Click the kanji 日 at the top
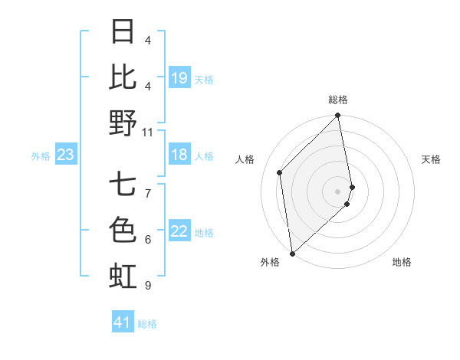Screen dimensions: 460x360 point(123,32)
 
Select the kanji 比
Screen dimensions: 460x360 point(123,77)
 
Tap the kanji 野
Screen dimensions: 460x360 point(123,123)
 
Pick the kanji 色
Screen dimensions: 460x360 point(123,230)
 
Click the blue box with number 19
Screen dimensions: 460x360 point(179,78)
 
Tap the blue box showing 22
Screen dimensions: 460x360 point(179,232)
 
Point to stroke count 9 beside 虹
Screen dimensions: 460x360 point(147,286)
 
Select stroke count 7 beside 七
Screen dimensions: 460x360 point(147,185)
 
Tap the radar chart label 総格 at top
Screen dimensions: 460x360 point(338,100)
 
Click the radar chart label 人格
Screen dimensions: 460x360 point(245,159)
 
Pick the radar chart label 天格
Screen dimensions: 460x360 point(431,159)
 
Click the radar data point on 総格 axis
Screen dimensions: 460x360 point(338,116)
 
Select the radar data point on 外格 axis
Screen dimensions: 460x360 point(292,253)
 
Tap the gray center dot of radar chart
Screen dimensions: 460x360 point(338,191)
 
